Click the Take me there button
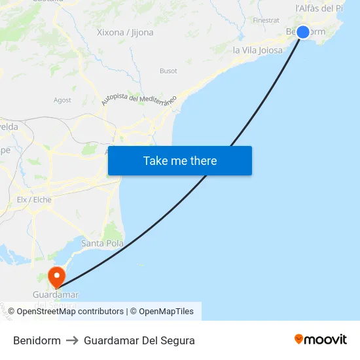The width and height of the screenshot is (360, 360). (x=180, y=160)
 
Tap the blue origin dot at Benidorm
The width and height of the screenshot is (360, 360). (x=302, y=31)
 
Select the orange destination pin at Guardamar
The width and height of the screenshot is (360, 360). (x=57, y=276)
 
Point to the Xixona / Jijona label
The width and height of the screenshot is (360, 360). (x=125, y=32)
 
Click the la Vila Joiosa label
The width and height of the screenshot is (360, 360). (x=258, y=50)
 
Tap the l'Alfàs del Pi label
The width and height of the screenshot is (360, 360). (x=319, y=9)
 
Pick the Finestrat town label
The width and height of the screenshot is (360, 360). (x=266, y=20)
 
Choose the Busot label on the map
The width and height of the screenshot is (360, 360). (x=168, y=71)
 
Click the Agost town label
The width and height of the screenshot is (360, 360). (x=62, y=100)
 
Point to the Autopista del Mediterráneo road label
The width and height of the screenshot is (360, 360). (x=139, y=100)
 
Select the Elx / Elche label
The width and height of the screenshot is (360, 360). (x=34, y=200)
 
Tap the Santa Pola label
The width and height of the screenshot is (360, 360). (x=102, y=243)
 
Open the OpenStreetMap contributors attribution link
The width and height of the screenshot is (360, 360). (x=70, y=312)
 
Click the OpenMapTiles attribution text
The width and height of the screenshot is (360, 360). (x=166, y=312)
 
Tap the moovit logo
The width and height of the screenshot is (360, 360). (x=321, y=340)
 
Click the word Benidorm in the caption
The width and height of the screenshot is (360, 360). (x=37, y=340)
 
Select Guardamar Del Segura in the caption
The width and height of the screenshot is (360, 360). (x=139, y=340)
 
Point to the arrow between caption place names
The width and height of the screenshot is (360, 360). (x=72, y=340)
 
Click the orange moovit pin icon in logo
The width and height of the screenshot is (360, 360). (x=299, y=340)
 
